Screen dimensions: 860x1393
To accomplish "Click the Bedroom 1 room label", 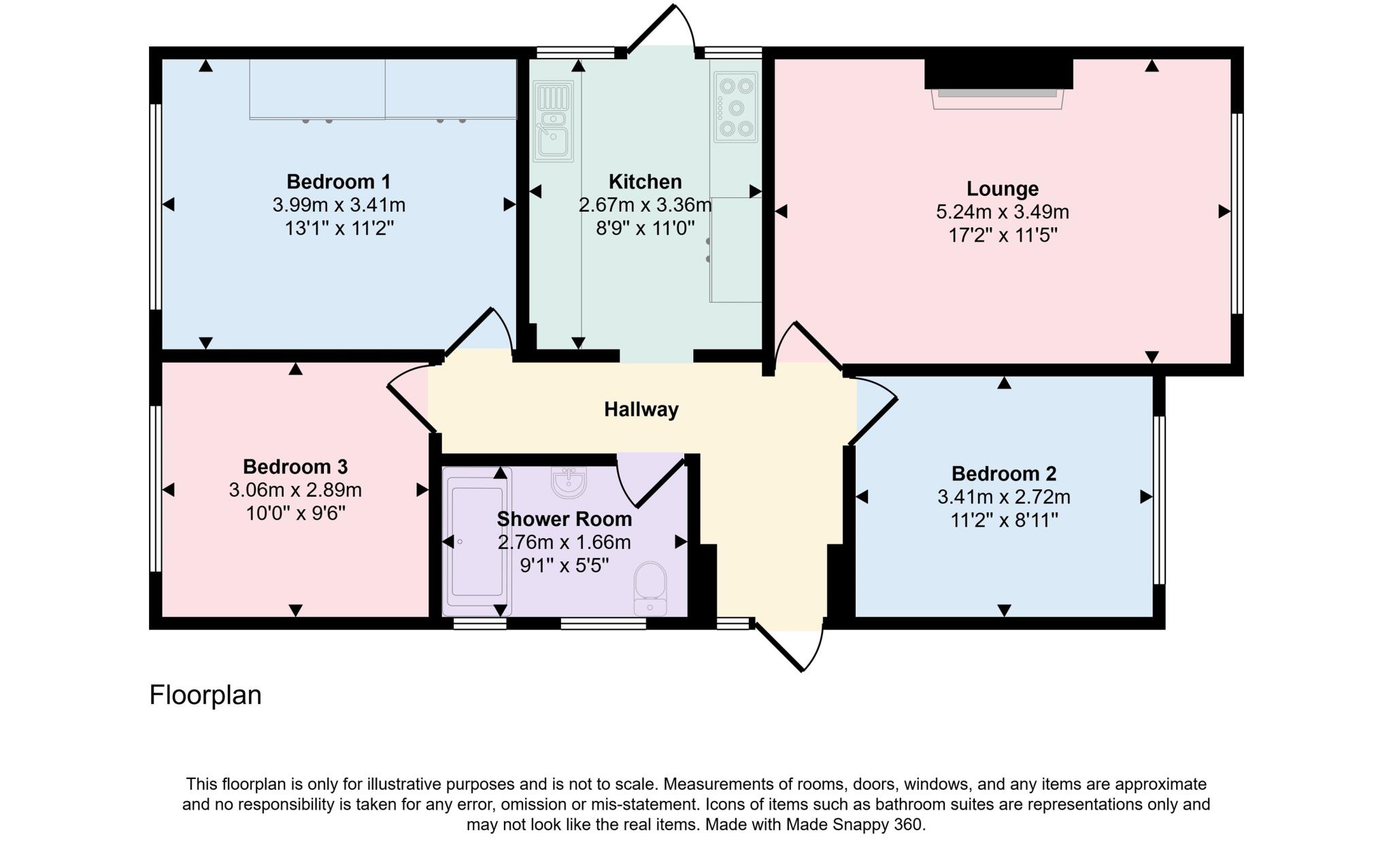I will [338, 182].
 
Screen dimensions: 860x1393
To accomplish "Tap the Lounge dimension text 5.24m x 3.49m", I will [1002, 212].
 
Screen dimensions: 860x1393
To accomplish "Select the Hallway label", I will [641, 409].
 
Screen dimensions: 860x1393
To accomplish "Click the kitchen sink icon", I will [553, 121].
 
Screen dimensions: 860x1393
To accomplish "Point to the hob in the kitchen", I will [735, 106].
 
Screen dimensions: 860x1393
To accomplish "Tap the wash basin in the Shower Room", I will [569, 482].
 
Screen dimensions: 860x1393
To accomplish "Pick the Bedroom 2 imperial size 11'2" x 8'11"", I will [1003, 520].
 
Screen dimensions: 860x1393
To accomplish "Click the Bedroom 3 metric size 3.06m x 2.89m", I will [295, 490].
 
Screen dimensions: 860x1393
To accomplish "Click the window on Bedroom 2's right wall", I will [1160, 499].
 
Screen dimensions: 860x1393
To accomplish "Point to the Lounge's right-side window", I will [1238, 214].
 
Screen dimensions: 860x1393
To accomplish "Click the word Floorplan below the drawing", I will [205, 695].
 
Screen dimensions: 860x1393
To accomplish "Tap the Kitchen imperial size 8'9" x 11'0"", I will [645, 228].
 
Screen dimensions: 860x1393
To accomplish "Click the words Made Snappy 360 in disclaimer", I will [854, 825].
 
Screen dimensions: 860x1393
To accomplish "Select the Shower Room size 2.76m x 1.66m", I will [564, 542].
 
